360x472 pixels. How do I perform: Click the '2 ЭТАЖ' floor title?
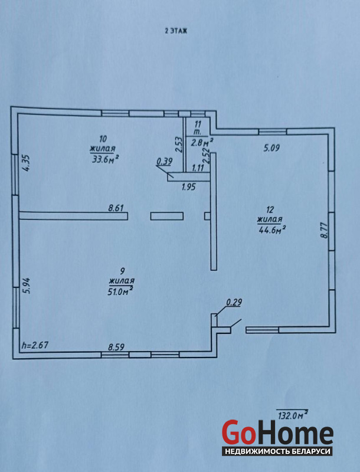176,31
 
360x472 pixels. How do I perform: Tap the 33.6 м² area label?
104,159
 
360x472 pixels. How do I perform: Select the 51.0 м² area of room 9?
121,291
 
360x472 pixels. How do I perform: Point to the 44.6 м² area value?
272,230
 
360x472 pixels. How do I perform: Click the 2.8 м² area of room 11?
202,142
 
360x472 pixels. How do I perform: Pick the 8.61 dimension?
116,208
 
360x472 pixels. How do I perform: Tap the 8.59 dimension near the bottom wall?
116,347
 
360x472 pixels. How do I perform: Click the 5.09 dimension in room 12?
272,148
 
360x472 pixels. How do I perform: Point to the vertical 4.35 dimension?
27,163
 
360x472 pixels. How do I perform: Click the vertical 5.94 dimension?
28,286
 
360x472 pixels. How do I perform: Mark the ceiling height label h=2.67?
35,345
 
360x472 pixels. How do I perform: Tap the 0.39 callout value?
164,162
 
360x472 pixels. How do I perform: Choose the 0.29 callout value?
234,302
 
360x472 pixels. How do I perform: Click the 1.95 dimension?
188,187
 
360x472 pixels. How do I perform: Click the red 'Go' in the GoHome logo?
238,432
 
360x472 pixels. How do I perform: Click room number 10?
103,139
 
